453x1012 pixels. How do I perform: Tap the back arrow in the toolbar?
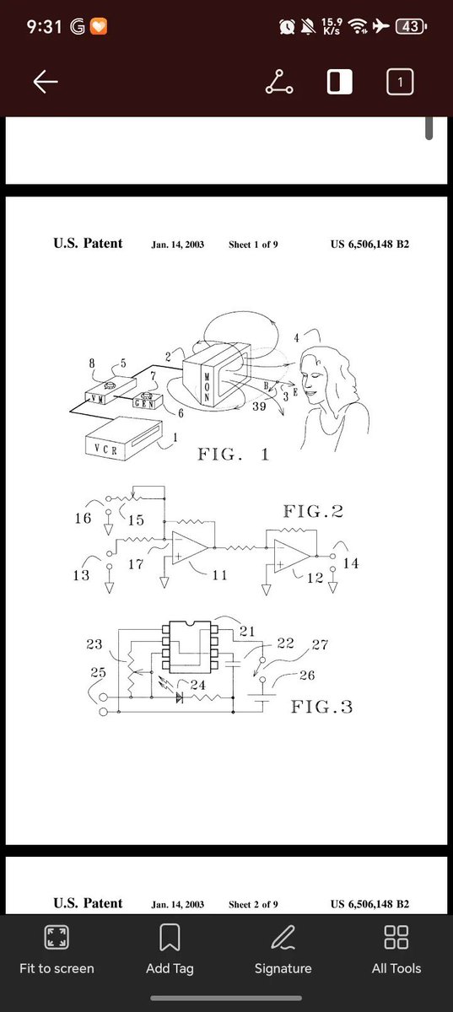[x=46, y=82]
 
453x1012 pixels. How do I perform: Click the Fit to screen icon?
[x=57, y=937]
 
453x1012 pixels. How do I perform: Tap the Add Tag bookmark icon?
[x=170, y=937]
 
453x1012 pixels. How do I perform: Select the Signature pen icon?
[x=283, y=937]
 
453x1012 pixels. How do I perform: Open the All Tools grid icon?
[x=396, y=937]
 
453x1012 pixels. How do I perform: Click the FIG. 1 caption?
[x=234, y=454]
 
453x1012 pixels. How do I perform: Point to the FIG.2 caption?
[x=313, y=511]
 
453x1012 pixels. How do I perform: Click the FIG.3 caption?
[x=321, y=706]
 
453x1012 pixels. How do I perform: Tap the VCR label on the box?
[x=105, y=449]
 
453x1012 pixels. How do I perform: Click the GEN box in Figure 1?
[x=148, y=401]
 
